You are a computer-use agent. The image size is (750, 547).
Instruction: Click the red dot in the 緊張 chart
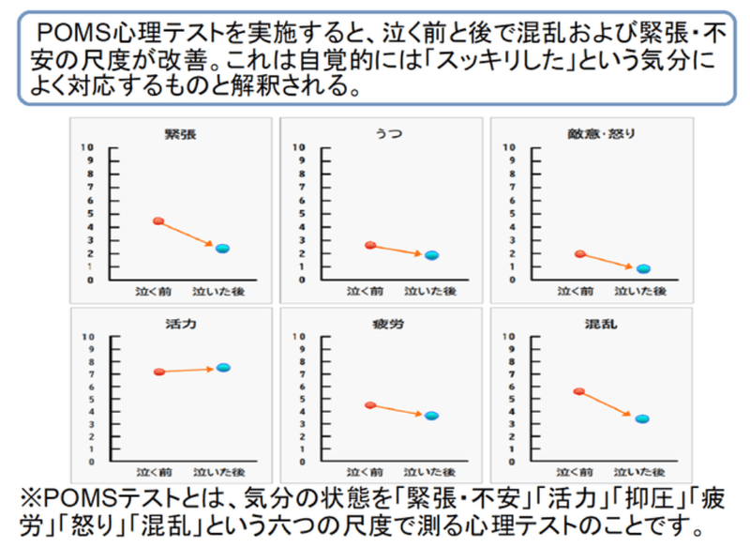click(158, 221)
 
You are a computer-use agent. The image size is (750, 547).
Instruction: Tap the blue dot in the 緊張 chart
click(222, 249)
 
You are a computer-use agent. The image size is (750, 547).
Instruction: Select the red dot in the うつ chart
click(370, 245)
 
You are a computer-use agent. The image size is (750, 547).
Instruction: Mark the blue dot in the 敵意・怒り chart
click(642, 269)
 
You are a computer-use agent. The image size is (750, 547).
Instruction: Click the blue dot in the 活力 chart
click(222, 368)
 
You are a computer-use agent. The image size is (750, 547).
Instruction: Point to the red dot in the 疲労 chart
click(370, 405)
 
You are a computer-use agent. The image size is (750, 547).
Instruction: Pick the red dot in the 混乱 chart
click(579, 391)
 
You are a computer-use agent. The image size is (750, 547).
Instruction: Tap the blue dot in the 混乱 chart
click(642, 418)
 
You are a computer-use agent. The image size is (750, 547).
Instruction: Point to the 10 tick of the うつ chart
click(298, 147)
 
